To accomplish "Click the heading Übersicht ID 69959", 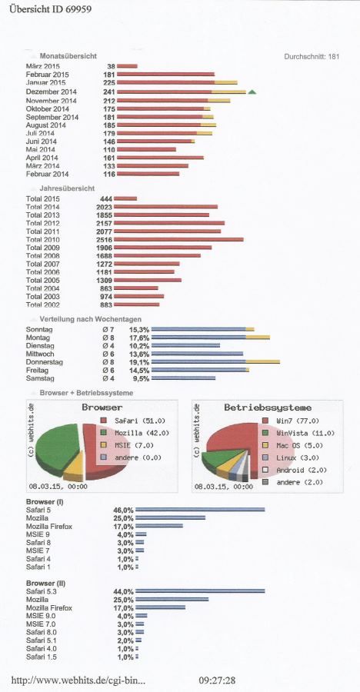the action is coord(51,9).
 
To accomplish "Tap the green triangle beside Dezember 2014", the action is coord(252,91).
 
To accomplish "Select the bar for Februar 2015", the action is coord(165,74).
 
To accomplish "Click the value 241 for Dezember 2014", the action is coord(108,91).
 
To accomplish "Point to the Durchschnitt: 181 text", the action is coord(312,56).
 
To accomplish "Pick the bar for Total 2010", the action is coord(179,239).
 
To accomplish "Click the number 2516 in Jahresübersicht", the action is coord(105,239).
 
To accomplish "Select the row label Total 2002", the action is coord(43,305).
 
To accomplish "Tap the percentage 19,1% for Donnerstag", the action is coord(139,362).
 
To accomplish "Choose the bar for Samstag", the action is coord(183,378).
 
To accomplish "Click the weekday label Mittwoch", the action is coord(40,354).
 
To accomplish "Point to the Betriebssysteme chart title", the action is coord(268,408).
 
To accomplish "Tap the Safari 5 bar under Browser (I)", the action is coord(200,510).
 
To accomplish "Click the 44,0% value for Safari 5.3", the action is coord(124,591).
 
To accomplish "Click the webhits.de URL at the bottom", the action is coord(78,680).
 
